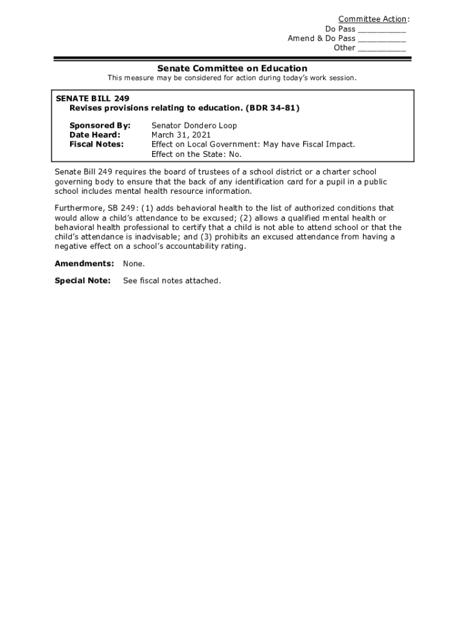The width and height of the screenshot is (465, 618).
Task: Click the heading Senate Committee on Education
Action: pyautogui.click(x=232, y=68)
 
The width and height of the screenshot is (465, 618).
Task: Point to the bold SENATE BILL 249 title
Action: pyautogui.click(x=92, y=98)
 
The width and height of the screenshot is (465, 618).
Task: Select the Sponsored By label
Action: pyautogui.click(x=100, y=126)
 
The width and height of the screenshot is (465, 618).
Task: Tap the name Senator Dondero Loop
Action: pyautogui.click(x=194, y=126)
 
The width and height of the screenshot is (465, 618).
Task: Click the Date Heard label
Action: pyautogui.click(x=95, y=135)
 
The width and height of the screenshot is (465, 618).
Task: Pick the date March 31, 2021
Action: pyautogui.click(x=181, y=135)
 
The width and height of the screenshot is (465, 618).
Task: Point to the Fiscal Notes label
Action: pyautogui.click(x=97, y=145)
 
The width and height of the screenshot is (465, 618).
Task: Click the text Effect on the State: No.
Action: pyautogui.click(x=196, y=154)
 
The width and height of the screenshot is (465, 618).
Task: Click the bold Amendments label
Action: pyautogui.click(x=85, y=264)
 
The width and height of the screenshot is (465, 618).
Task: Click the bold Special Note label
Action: pyautogui.click(x=83, y=281)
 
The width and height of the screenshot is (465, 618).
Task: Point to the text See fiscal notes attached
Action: pyautogui.click(x=172, y=281)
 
